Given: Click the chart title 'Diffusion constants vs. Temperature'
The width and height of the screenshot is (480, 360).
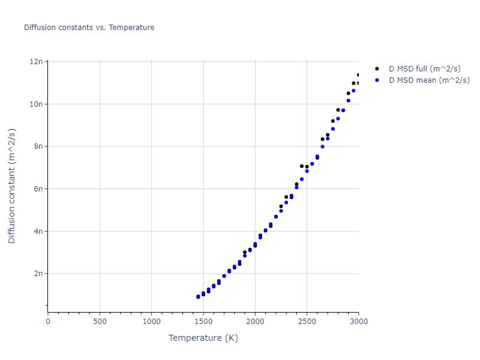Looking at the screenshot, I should click(89, 28).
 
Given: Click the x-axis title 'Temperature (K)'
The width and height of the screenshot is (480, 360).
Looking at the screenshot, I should click(203, 338).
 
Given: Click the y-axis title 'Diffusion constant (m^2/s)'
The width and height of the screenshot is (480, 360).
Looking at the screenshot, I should click(12, 187).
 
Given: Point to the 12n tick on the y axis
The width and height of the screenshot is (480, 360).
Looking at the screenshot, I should click(37, 62).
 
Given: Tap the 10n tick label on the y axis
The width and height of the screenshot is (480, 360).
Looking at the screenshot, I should click(37, 104).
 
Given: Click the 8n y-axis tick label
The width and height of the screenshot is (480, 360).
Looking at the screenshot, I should click(39, 146).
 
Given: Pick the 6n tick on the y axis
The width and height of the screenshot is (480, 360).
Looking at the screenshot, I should click(39, 189).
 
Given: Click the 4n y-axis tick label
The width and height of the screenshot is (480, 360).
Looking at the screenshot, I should click(39, 231).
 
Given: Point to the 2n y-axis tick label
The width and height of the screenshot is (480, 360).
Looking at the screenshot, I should click(39, 274).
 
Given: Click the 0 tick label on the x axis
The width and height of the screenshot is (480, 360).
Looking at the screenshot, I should click(48, 321).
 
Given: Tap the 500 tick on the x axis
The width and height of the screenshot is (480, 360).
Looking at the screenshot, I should click(100, 321).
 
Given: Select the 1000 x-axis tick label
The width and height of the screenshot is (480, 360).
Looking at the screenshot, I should click(151, 321).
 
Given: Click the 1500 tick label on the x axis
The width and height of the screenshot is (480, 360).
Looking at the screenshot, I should click(203, 321).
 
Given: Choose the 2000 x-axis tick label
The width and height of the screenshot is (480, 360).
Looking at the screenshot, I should click(255, 321).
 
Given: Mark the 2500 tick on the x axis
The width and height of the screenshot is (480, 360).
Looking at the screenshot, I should click(307, 321).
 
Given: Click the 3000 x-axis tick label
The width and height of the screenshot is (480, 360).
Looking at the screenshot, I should click(358, 321).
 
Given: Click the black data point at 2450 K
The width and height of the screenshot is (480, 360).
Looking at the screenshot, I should click(302, 166).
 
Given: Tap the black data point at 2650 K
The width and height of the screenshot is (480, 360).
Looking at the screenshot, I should click(322, 139).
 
